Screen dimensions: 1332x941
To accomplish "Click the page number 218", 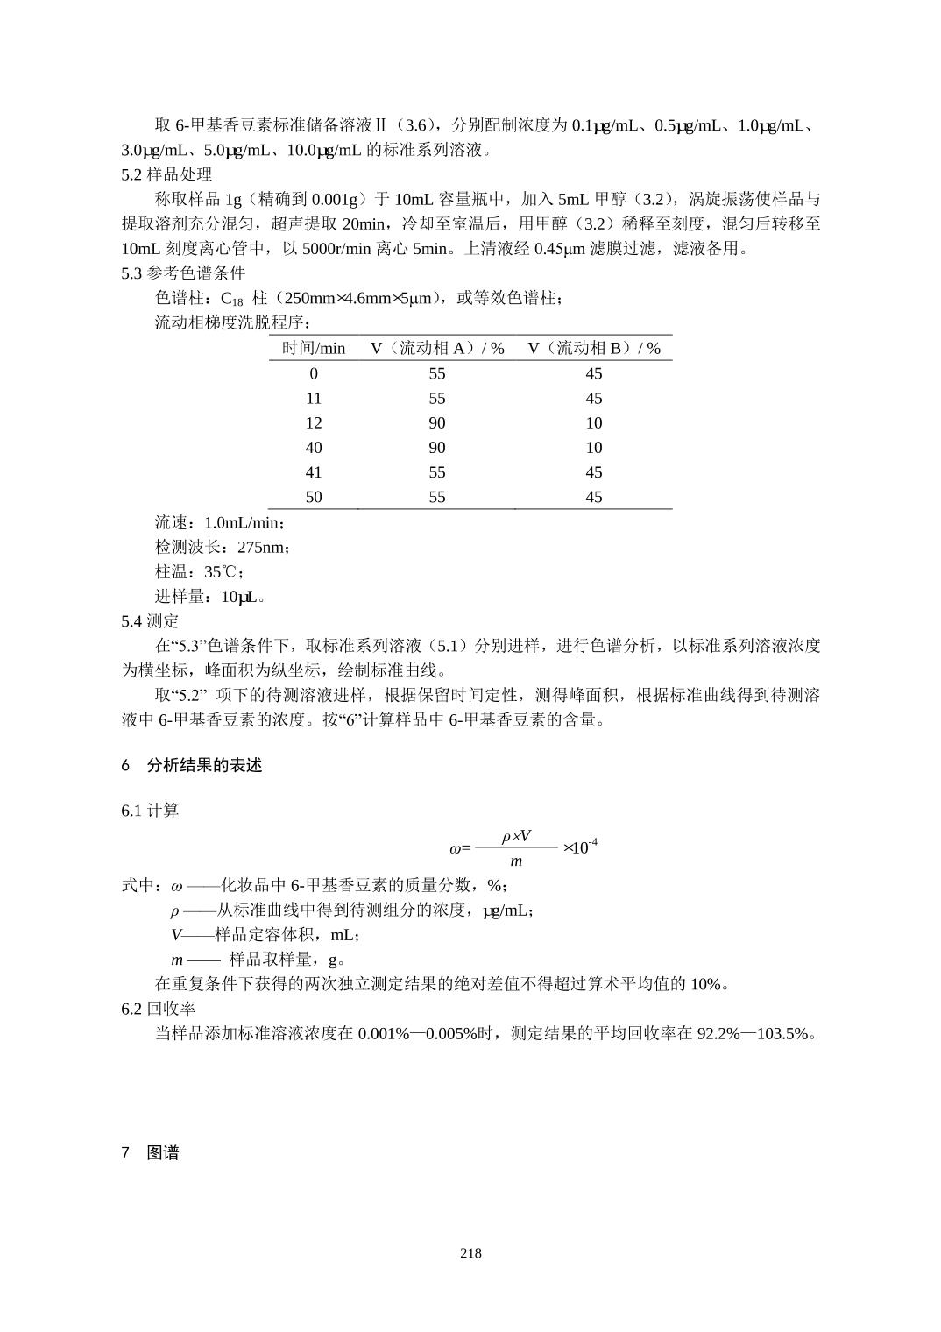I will (x=470, y=1253).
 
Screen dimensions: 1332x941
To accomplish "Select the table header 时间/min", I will (x=314, y=348).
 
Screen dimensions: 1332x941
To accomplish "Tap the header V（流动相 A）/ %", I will (x=437, y=348).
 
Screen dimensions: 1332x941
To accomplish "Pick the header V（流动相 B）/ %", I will (x=594, y=348).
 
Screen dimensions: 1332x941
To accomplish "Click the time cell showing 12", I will (x=314, y=423).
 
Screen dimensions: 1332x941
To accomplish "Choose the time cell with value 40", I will (x=314, y=448).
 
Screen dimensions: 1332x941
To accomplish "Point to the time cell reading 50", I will (x=314, y=498).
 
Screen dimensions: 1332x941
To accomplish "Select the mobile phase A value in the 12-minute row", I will (x=437, y=423).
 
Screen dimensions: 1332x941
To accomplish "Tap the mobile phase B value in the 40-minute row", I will (x=594, y=448).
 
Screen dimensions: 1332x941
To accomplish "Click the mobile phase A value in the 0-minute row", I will (x=437, y=373).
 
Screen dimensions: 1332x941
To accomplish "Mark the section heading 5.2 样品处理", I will (x=166, y=174).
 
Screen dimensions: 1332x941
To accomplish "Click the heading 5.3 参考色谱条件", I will (x=183, y=273).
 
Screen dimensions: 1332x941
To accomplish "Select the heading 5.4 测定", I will (x=150, y=621).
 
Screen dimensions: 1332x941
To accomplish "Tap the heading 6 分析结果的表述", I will (x=192, y=765).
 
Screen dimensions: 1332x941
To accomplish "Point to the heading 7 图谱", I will (x=151, y=1153).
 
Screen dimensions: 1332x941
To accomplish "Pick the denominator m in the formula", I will (x=516, y=861).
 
